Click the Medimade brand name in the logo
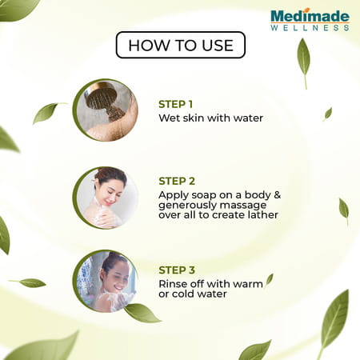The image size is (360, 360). click(x=309, y=14)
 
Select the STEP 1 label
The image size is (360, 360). click(x=176, y=104)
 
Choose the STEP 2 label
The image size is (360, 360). click(x=176, y=181)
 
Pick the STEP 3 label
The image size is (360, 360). click(x=176, y=270)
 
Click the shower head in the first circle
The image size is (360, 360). click(x=100, y=100)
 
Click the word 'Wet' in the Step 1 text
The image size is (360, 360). click(x=170, y=118)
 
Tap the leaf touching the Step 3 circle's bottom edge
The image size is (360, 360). click(x=141, y=312)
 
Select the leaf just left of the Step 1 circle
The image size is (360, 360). click(x=46, y=113)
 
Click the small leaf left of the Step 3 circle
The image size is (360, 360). click(x=32, y=282)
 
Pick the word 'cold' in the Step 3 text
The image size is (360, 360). click(x=184, y=294)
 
